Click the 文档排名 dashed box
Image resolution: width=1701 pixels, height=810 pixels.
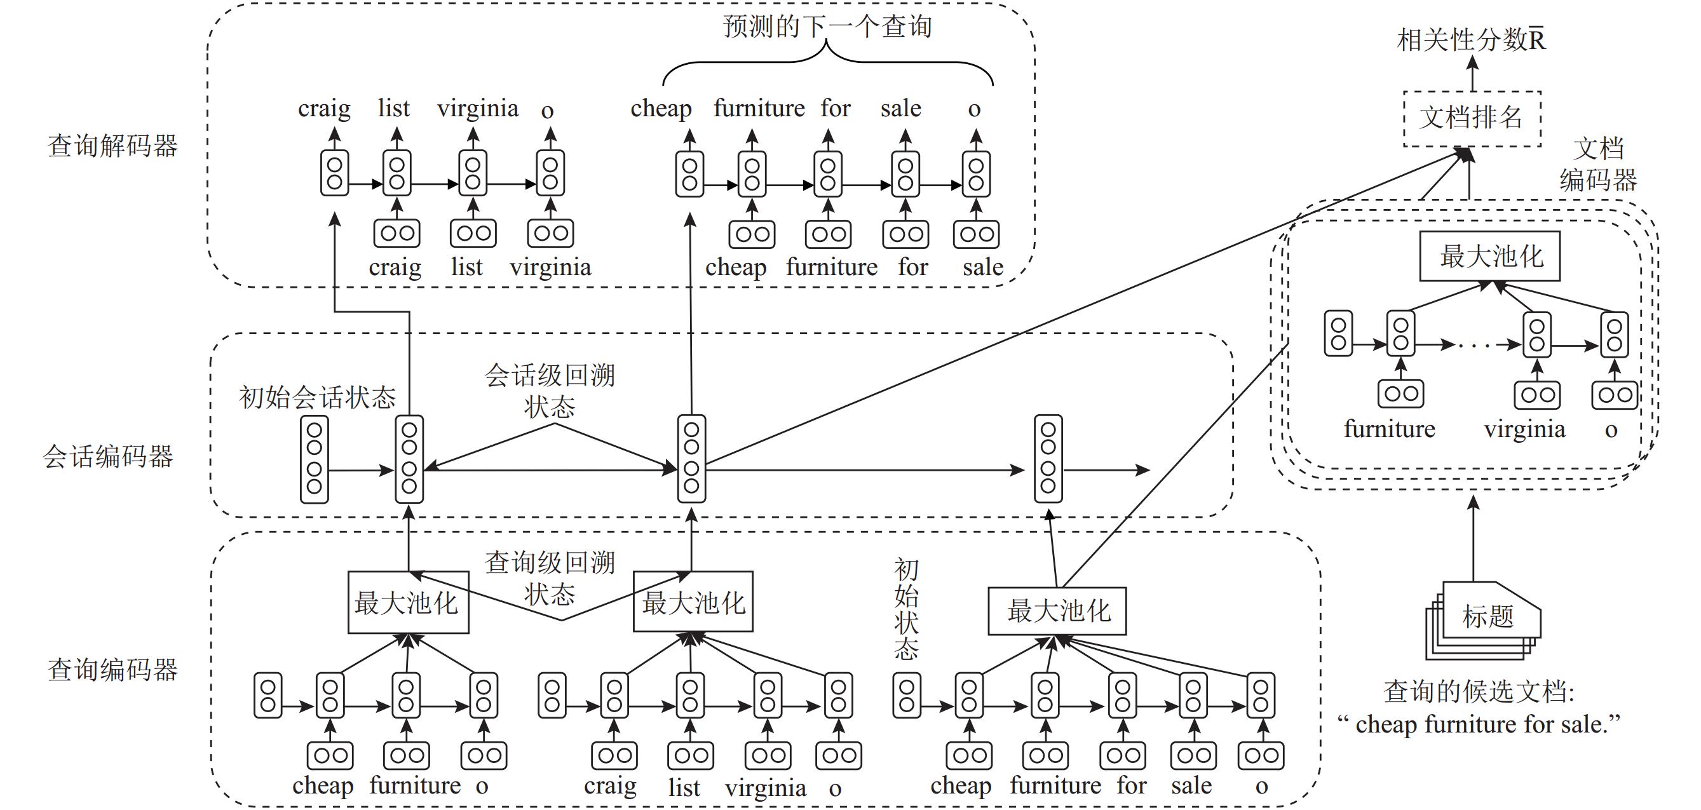pyautogui.click(x=1471, y=119)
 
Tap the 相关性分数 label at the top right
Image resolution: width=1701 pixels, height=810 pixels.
pyautogui.click(x=1470, y=40)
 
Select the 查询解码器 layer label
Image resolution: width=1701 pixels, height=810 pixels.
pyautogui.click(x=112, y=146)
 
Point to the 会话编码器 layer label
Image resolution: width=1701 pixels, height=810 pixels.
pyautogui.click(x=107, y=456)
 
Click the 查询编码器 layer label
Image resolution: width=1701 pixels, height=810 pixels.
pyautogui.click(x=112, y=670)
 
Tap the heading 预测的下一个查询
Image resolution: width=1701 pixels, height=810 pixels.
pyautogui.click(x=827, y=27)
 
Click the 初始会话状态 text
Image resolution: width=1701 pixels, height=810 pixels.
pyautogui.click(x=317, y=398)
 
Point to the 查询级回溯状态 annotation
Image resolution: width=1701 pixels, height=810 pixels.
pyautogui.click(x=550, y=578)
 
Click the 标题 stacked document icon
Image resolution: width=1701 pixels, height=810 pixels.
pyautogui.click(x=1485, y=618)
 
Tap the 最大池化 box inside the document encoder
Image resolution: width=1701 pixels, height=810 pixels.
pyautogui.click(x=1489, y=256)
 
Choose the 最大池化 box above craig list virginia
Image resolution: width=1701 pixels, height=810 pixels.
pyautogui.click(x=693, y=602)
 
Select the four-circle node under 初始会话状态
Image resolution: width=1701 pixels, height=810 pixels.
pyautogui.click(x=315, y=459)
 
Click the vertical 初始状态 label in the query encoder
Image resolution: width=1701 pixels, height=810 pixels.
pyautogui.click(x=906, y=609)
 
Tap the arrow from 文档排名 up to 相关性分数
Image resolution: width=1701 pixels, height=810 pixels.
pyautogui.click(x=1472, y=74)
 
